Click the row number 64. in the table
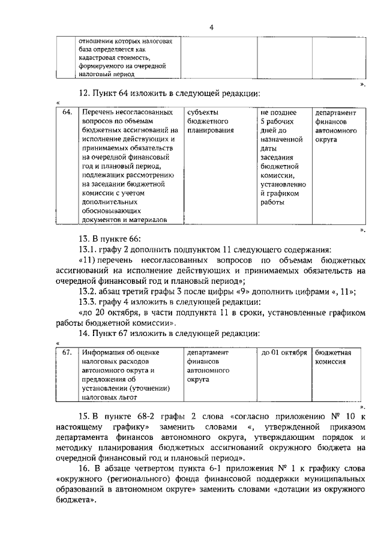point(67,113)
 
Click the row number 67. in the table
point(67,353)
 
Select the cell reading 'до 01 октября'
point(284,353)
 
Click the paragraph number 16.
point(85,467)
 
